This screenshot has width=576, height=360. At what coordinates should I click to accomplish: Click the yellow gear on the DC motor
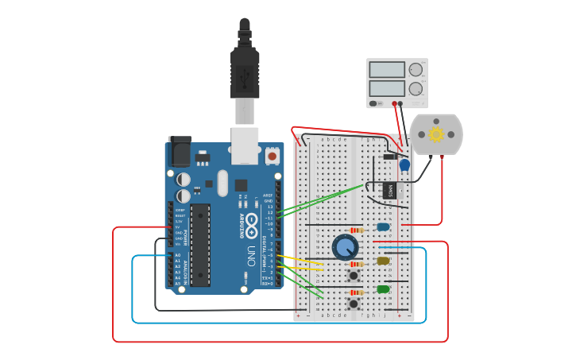pyautogui.click(x=436, y=134)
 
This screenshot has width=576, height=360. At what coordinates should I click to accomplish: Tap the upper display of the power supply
pyautogui.click(x=387, y=70)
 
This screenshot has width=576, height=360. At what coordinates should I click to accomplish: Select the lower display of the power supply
pyautogui.click(x=387, y=88)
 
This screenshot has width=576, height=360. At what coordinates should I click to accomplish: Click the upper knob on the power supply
pyautogui.click(x=416, y=70)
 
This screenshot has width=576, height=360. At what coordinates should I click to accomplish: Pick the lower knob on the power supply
pyautogui.click(x=416, y=89)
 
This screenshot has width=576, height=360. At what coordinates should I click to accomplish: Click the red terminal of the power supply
pyautogui.click(x=394, y=103)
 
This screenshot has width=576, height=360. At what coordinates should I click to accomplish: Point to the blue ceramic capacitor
pyautogui.click(x=404, y=165)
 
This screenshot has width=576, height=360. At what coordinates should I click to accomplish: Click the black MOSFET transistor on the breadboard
pyautogui.click(x=389, y=191)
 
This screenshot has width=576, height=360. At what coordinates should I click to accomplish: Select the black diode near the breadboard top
pyautogui.click(x=389, y=156)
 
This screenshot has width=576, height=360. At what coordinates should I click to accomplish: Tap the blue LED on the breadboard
pyautogui.click(x=383, y=227)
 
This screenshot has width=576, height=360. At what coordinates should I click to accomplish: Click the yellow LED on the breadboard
pyautogui.click(x=383, y=261)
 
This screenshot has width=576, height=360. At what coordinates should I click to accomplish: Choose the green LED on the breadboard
pyautogui.click(x=383, y=289)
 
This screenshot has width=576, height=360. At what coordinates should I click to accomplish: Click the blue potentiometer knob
pyautogui.click(x=345, y=247)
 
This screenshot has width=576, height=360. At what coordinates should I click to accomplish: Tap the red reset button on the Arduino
pyautogui.click(x=273, y=156)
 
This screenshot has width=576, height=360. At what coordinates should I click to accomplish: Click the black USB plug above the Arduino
pyautogui.click(x=245, y=72)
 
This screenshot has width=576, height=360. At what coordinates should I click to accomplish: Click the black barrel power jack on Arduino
pyautogui.click(x=180, y=151)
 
